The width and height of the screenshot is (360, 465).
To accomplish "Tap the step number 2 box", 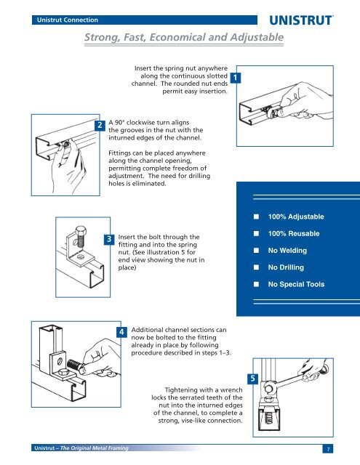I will (100, 126).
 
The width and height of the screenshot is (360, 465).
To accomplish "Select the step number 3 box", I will (108, 239).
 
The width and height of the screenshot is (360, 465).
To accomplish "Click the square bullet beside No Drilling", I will (255, 268).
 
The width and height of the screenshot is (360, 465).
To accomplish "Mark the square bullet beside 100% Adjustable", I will (255, 217).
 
